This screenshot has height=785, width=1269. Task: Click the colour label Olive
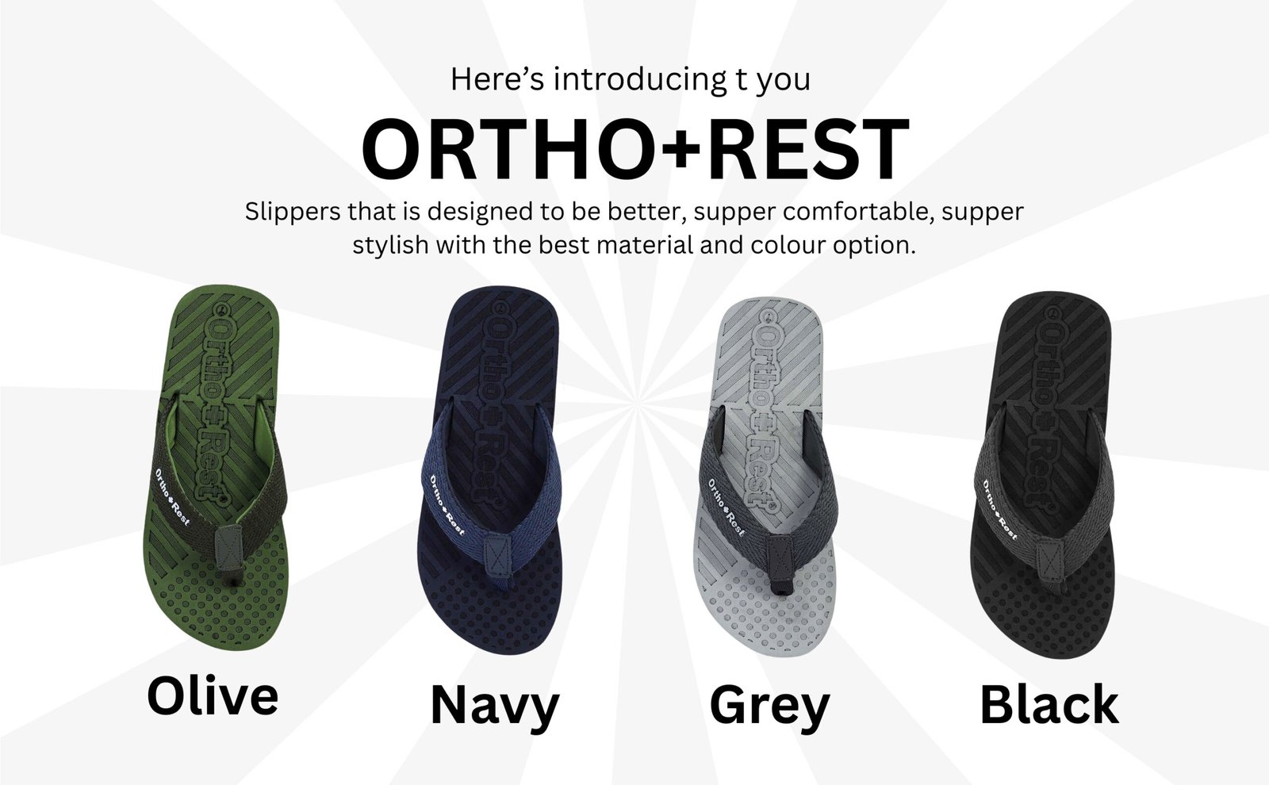213,696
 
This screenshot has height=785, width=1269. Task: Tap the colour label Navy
495,706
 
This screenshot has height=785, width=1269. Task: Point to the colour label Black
1049,704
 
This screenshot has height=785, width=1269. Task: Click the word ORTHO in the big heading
511,149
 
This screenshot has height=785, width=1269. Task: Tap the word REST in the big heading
806,149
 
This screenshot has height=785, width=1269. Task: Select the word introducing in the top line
639,80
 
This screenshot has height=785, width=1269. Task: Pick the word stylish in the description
390,245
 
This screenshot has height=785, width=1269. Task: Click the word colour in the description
788,245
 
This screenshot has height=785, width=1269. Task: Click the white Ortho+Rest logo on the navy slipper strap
447,505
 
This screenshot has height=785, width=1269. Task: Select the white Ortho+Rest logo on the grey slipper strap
726,507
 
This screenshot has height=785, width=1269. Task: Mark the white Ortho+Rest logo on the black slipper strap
999,510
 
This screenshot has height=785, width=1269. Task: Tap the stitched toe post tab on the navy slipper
498,557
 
